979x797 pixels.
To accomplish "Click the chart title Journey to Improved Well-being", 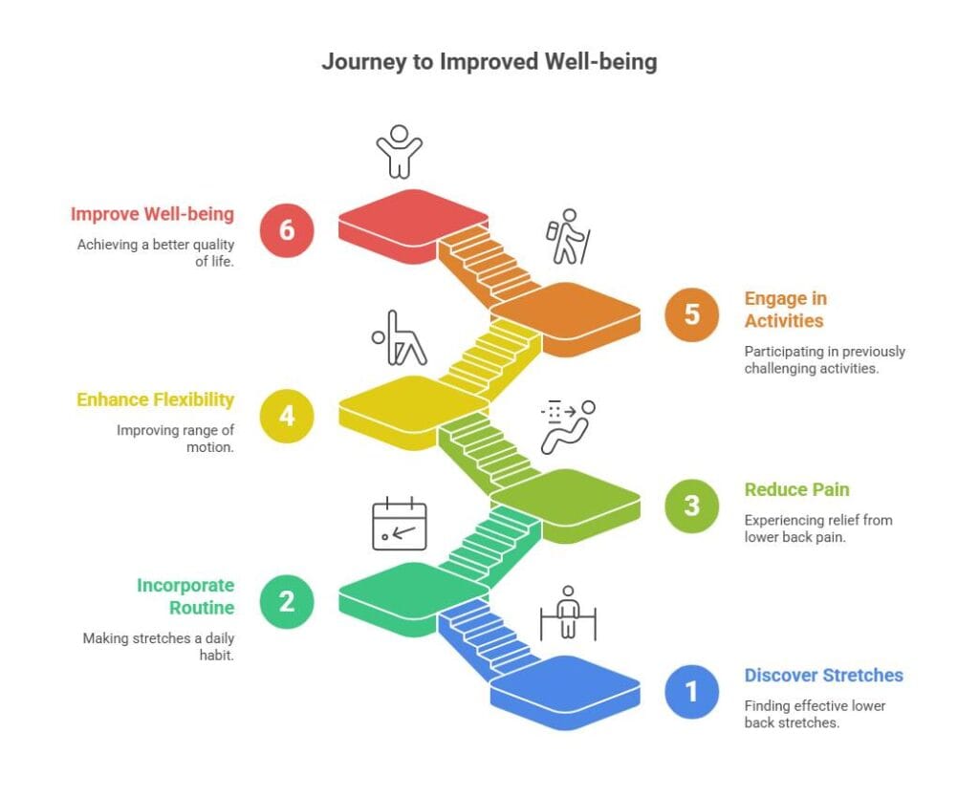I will (489, 62).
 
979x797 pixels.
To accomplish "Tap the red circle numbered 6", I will (288, 230).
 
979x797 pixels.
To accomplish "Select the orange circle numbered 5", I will (691, 314).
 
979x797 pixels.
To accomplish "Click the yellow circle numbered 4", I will (288, 417).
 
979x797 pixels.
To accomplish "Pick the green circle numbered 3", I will (691, 504).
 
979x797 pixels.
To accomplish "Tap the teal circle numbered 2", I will (288, 602).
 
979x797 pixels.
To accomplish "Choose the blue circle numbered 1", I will (691, 690).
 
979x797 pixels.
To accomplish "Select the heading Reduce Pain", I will (796, 490).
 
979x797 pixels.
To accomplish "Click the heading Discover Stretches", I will (823, 676).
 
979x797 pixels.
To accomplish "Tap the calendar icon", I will (399, 524).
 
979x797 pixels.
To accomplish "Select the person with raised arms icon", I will (398, 151).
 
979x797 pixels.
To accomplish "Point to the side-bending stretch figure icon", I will (398, 338).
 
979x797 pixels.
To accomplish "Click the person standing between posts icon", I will (568, 613).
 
